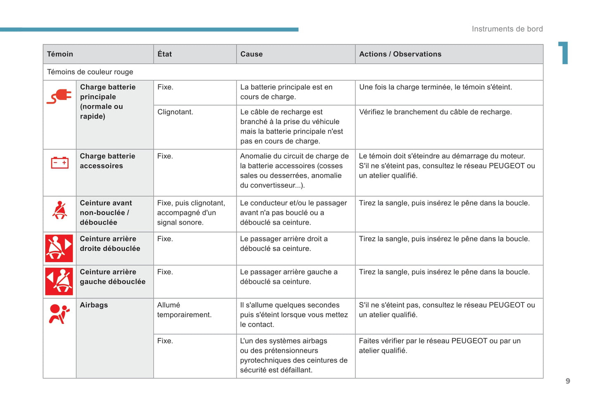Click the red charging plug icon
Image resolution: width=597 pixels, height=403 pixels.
click(x=59, y=97)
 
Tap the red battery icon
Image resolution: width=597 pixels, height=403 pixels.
click(x=59, y=163)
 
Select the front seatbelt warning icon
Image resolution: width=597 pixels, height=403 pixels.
click(x=59, y=210)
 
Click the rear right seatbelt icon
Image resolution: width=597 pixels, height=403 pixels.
click(x=59, y=248)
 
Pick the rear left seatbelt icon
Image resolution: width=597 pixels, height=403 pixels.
click(x=59, y=281)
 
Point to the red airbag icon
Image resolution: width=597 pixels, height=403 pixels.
click(x=59, y=314)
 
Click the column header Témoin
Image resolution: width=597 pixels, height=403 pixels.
click(x=60, y=54)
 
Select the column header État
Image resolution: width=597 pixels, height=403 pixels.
click(x=164, y=54)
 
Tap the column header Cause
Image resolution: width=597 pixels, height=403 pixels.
click(x=251, y=54)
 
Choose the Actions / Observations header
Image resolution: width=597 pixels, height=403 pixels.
click(x=400, y=54)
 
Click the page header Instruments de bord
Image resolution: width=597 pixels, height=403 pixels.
click(x=507, y=29)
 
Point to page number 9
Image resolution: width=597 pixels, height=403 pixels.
click(x=568, y=381)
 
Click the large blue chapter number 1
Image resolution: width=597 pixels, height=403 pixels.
click(x=564, y=53)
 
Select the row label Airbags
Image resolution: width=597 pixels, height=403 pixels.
click(x=94, y=305)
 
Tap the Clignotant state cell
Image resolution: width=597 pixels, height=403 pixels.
click(x=175, y=112)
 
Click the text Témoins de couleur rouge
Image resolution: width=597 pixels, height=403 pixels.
click(x=90, y=72)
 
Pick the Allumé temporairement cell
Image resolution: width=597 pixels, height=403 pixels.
click(x=184, y=310)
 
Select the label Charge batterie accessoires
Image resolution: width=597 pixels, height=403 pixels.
click(x=107, y=161)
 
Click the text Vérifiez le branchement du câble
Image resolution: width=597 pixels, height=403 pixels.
click(x=435, y=112)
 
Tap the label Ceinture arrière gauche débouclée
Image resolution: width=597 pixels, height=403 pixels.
click(x=112, y=277)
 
